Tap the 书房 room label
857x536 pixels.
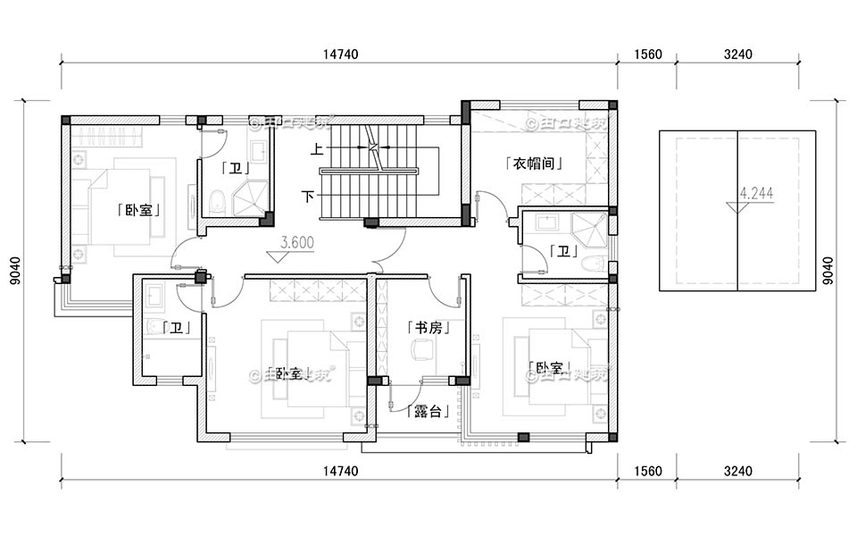coord(425,328)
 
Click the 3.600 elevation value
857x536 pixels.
coord(295,242)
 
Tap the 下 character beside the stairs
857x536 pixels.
coord(307,195)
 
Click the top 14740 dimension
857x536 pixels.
coord(339,54)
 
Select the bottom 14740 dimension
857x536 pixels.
coord(339,471)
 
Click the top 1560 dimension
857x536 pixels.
coord(647,54)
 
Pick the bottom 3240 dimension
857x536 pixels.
coord(737,471)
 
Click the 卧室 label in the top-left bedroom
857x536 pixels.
coord(138,211)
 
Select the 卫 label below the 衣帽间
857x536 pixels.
coord(562,251)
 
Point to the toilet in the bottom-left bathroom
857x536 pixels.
coord(153,327)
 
